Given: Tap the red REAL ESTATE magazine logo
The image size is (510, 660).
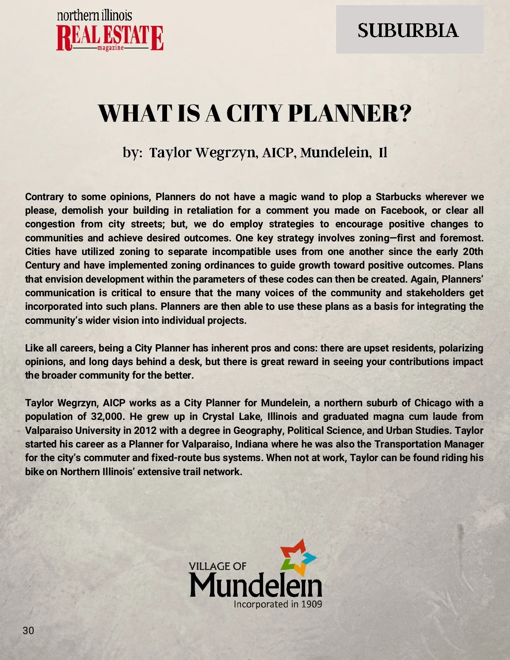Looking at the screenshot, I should (110, 38).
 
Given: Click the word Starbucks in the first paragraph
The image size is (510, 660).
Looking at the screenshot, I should (398, 197).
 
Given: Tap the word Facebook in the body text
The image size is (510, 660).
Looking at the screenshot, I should (403, 210).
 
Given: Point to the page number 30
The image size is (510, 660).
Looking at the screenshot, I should (28, 630).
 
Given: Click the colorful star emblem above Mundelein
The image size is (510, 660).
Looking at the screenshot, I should (298, 556).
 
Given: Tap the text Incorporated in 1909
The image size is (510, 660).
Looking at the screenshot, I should (278, 604).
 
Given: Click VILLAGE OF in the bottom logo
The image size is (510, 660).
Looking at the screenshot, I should (218, 566).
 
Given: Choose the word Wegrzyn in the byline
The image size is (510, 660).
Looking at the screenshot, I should (226, 153).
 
